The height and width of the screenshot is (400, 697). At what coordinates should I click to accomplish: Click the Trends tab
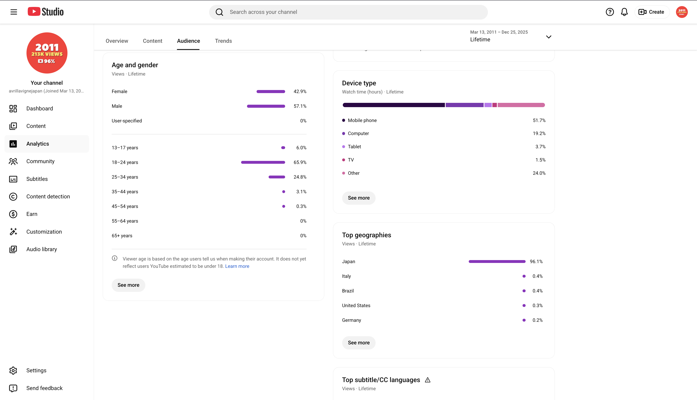pyautogui.click(x=223, y=41)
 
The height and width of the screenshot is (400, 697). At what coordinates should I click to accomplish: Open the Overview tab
pyautogui.click(x=117, y=41)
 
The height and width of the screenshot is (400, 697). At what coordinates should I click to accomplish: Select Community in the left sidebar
pyautogui.click(x=40, y=161)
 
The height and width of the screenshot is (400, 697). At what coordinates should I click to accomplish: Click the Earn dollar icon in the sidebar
pyautogui.click(x=13, y=214)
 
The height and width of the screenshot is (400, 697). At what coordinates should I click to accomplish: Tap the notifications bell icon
pyautogui.click(x=624, y=12)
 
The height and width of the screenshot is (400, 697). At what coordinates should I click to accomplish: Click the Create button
pyautogui.click(x=651, y=12)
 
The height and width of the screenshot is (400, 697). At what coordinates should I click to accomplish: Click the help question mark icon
pyautogui.click(x=610, y=12)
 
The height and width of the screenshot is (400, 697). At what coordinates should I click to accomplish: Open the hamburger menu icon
pyautogui.click(x=14, y=12)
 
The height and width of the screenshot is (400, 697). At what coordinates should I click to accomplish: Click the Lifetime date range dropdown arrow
pyautogui.click(x=549, y=37)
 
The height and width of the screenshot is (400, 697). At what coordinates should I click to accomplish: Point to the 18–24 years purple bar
pyautogui.click(x=263, y=162)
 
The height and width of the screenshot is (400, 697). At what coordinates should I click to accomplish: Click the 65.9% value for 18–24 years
pyautogui.click(x=300, y=162)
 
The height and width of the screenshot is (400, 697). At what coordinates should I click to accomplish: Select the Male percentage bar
pyautogui.click(x=266, y=106)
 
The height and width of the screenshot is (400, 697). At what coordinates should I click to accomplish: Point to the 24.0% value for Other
pyautogui.click(x=539, y=173)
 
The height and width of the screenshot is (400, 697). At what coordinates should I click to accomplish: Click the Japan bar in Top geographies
pyautogui.click(x=497, y=262)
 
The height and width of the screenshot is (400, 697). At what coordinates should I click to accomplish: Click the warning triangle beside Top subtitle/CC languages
pyautogui.click(x=427, y=380)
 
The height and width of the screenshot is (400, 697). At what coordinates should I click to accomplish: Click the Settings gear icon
pyautogui.click(x=13, y=371)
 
